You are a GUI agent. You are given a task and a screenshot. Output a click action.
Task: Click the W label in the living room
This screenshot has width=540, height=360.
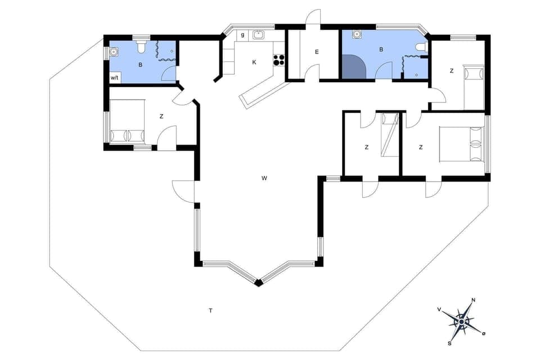264,178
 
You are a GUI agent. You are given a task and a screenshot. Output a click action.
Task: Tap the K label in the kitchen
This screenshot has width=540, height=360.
254,62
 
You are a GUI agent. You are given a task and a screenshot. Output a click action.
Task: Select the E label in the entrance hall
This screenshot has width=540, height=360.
317,52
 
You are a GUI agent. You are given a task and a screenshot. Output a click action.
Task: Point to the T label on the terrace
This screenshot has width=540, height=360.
210,310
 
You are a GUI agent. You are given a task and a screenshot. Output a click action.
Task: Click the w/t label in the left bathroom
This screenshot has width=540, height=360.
114,78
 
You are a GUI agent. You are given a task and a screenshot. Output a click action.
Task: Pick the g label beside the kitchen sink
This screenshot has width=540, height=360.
242,35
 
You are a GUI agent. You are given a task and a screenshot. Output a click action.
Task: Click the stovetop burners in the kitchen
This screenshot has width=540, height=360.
278,60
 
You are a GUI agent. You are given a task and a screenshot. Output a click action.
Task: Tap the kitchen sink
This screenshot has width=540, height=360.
259,35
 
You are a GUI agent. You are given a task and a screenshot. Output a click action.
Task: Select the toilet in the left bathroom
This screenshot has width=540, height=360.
141,47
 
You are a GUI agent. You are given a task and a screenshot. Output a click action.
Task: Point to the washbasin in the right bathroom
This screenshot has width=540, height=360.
357,35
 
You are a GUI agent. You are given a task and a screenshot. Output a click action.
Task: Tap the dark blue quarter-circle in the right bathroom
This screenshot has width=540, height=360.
353,68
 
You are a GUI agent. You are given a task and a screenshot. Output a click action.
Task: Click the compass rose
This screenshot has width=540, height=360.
461,321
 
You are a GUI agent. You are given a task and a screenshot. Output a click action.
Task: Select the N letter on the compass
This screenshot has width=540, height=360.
474,300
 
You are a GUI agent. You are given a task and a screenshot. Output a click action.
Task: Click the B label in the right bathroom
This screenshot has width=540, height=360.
381,49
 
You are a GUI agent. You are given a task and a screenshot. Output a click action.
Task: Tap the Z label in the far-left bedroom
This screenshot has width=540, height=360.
161,116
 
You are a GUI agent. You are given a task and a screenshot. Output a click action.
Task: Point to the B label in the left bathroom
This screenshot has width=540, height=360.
141,65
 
